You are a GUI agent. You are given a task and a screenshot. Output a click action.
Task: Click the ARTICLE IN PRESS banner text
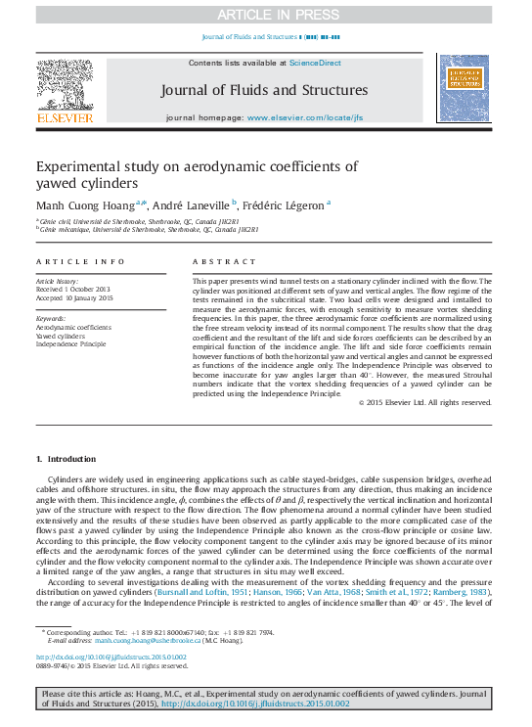tap(265, 15)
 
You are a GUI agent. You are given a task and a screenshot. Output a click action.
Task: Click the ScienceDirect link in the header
tap(315, 63)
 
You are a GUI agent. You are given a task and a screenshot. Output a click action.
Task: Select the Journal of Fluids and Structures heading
tap(265, 90)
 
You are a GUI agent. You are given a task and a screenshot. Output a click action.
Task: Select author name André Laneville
tap(192, 204)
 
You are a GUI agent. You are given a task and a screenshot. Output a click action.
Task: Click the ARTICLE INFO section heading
tap(80, 262)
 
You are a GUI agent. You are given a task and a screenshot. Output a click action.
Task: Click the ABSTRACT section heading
tap(216, 262)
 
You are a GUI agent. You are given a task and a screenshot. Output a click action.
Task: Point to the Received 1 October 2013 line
tap(74, 290)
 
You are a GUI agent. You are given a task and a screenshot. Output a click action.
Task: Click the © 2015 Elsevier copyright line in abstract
tap(424, 429)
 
